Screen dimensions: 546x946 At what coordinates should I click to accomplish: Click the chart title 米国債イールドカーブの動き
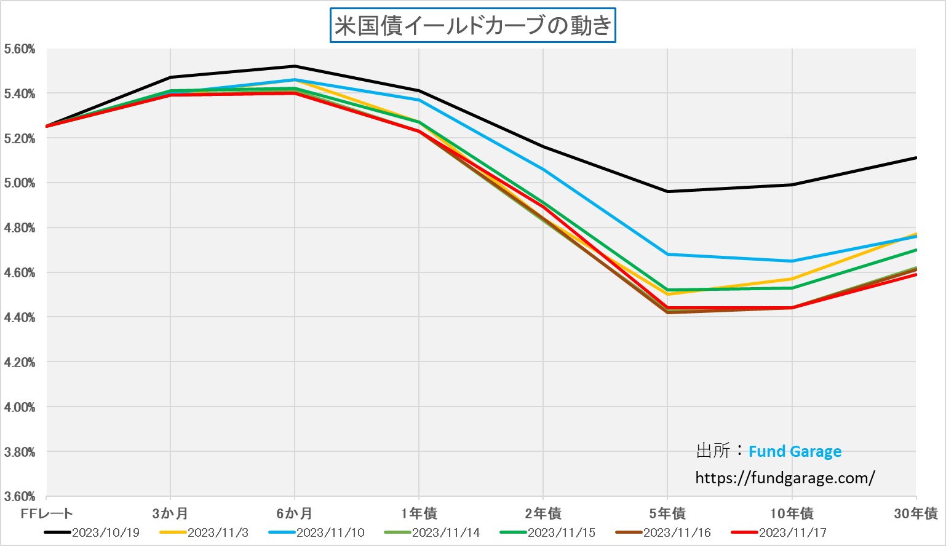pos(472,26)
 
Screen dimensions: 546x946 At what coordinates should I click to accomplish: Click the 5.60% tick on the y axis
pos(19,49)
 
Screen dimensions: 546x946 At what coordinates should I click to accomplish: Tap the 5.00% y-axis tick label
pos(19,183)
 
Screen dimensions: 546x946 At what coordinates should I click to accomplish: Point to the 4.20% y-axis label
pos(19,363)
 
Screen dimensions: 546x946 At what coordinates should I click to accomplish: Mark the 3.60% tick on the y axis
pos(19,496)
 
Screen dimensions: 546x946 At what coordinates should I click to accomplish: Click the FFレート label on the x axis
pos(46,513)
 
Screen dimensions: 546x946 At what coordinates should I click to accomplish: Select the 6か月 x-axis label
pos(294,513)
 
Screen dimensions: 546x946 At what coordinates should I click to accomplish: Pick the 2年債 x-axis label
pos(543,513)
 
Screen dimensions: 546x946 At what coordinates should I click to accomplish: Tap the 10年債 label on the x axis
pos(792,513)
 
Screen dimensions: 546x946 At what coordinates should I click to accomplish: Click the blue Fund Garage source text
pos(795,451)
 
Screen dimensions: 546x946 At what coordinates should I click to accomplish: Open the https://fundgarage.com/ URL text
pos(785,478)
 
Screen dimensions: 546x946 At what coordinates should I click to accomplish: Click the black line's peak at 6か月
pos(295,66)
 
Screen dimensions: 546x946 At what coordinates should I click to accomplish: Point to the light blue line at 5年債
pos(667,254)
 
